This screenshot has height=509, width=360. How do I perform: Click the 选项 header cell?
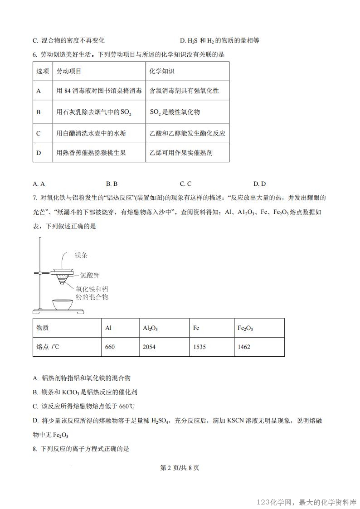42,72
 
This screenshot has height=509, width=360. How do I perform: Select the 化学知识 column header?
162,72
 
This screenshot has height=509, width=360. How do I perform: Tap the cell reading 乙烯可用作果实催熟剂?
181,153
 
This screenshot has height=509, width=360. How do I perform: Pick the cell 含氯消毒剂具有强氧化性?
184,91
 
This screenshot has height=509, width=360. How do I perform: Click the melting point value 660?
110,347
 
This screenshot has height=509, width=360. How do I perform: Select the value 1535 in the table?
199,347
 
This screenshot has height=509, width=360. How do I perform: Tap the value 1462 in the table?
244,347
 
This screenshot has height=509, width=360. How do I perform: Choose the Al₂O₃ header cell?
150,328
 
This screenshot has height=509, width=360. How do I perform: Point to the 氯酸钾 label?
90,274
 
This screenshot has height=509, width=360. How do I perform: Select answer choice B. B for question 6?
112,184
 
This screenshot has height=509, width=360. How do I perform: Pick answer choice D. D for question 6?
259,184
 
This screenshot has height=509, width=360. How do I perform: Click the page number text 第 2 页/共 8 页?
180,468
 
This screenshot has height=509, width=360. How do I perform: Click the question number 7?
35,198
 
